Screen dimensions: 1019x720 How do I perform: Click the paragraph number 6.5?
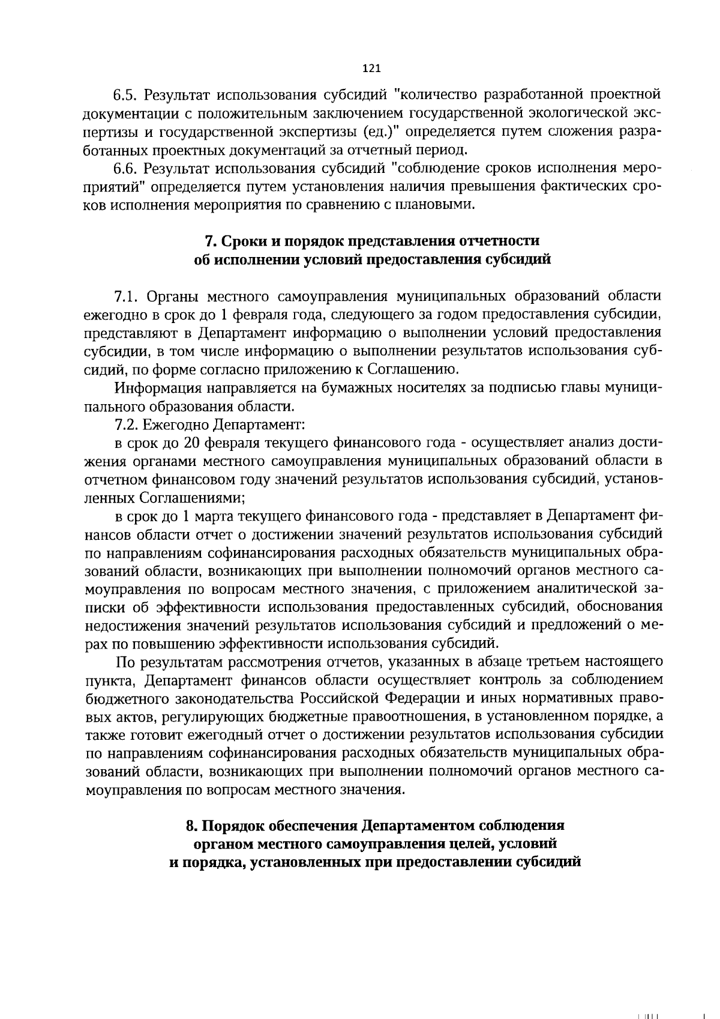click(x=127, y=95)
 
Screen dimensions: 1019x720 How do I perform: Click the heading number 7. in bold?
click(x=211, y=241)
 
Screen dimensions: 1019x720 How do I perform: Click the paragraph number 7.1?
click(x=127, y=296)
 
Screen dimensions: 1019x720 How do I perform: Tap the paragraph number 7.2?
click(x=127, y=425)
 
